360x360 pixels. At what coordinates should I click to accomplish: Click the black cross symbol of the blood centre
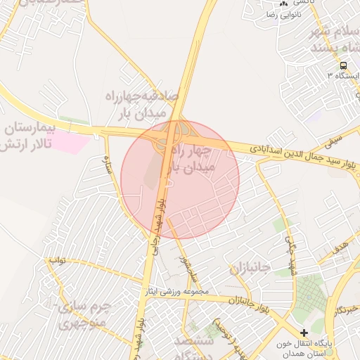[x=304, y=333]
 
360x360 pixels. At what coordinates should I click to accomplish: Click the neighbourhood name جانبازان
[x=250, y=269]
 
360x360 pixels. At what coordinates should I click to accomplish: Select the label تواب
[x=57, y=261]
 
